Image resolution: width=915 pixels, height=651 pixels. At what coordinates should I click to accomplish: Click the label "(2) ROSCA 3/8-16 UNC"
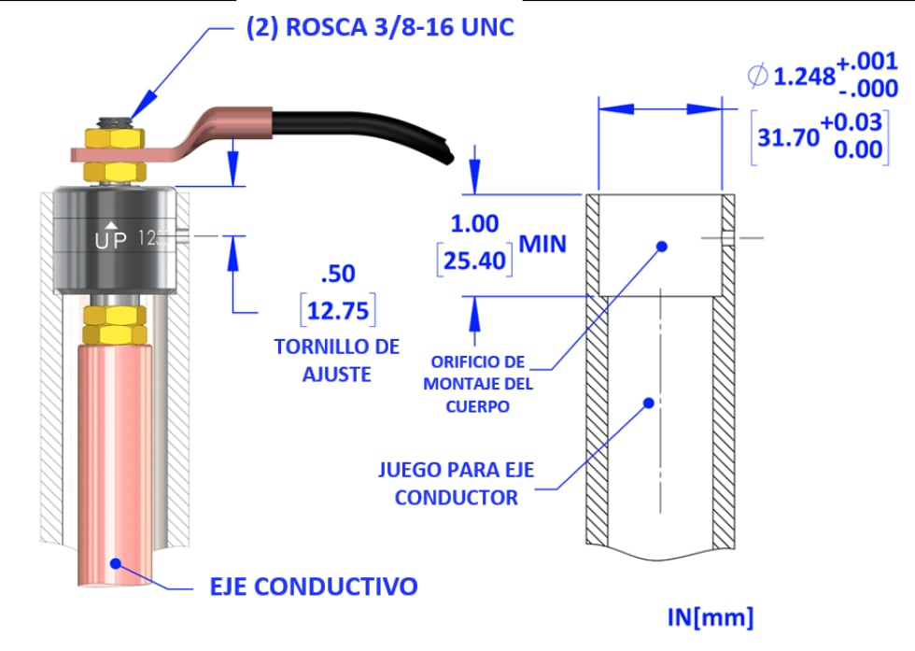379,28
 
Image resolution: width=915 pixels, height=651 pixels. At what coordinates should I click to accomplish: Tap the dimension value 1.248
804,77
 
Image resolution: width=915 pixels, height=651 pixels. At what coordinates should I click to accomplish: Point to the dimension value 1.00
474,224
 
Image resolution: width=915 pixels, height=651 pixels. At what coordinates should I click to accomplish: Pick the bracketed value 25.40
474,259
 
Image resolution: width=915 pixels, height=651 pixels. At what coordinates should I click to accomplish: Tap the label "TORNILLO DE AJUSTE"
336,360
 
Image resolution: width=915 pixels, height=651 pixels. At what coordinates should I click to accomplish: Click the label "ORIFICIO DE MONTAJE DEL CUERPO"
476,383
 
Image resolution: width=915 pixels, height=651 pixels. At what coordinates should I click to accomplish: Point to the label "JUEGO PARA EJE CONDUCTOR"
457,483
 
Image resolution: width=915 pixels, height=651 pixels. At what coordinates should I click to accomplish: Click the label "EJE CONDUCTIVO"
312,587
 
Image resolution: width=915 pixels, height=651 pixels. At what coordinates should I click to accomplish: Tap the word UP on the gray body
109,239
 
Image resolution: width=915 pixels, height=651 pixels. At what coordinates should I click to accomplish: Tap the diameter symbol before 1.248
757,77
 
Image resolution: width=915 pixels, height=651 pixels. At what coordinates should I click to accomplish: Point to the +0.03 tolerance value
857,125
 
